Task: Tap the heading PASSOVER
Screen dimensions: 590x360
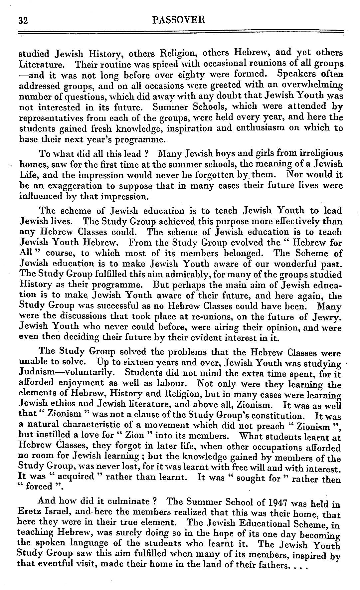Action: [x=178, y=20]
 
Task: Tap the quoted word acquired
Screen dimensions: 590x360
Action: [x=76, y=476]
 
